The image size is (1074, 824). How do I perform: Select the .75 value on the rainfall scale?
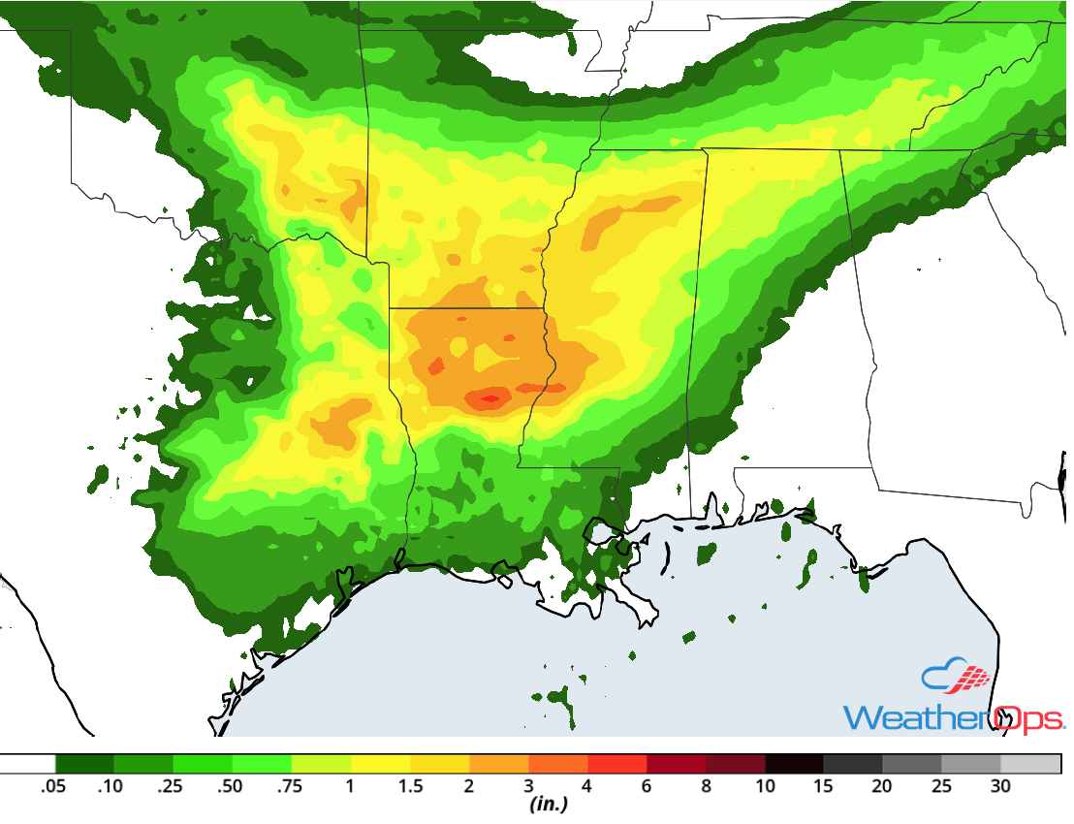point(290,786)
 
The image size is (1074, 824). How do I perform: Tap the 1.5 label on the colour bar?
point(410,786)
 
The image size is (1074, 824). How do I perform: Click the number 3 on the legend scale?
point(528,786)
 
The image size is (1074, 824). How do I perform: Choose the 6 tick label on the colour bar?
point(647,786)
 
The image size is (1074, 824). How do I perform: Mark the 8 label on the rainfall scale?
point(706,786)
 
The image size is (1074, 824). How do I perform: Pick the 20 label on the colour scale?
point(882,786)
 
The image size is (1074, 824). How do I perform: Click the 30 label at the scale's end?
point(1000,786)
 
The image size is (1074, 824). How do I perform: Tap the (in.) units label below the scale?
point(549,805)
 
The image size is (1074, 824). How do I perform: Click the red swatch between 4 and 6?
point(617,764)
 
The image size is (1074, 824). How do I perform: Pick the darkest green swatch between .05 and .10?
point(85,764)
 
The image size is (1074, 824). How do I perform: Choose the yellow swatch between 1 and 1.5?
point(381,764)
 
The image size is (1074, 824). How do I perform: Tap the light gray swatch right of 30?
point(1030,764)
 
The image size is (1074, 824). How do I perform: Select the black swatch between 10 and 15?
point(794,764)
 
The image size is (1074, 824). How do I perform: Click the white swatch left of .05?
point(27,764)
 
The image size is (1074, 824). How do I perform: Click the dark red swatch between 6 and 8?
point(677,764)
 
